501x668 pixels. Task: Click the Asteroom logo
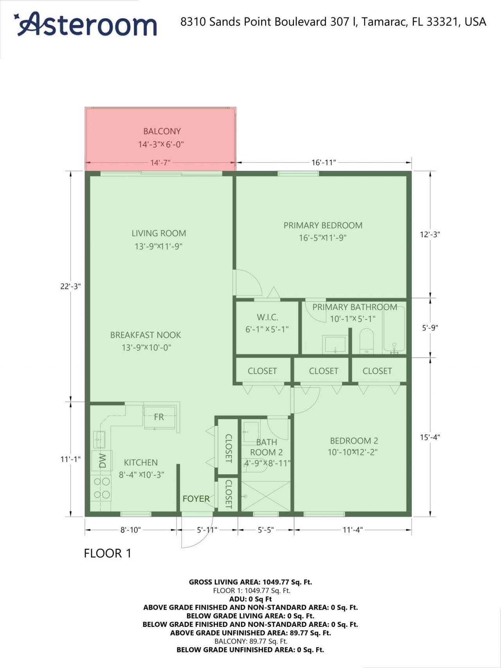(x=86, y=24)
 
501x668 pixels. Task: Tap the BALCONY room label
(x=162, y=131)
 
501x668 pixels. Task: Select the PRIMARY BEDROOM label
(x=323, y=225)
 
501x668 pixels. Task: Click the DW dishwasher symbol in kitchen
(x=102, y=460)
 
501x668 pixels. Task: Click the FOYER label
(x=196, y=499)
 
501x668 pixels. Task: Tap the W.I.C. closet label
(x=267, y=317)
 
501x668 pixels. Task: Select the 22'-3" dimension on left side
(x=70, y=286)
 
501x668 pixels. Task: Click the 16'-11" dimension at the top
(x=324, y=162)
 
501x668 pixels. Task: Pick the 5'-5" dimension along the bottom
(x=266, y=530)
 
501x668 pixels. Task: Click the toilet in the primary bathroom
(x=366, y=341)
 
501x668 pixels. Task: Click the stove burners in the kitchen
(x=101, y=488)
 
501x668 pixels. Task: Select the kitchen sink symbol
(x=99, y=439)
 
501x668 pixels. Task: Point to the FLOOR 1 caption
(x=108, y=553)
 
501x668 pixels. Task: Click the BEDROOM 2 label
(x=354, y=441)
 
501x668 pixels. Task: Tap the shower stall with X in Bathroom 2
(x=266, y=496)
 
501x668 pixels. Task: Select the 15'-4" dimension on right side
(x=430, y=437)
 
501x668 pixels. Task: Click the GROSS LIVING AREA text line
(x=250, y=582)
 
